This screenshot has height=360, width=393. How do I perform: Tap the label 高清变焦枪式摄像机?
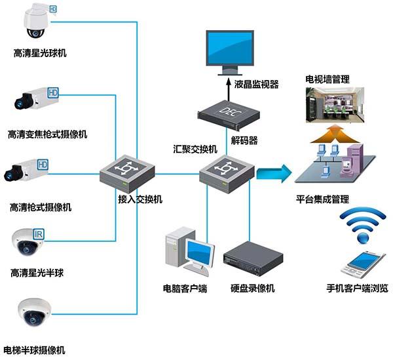click(x=47, y=134)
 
